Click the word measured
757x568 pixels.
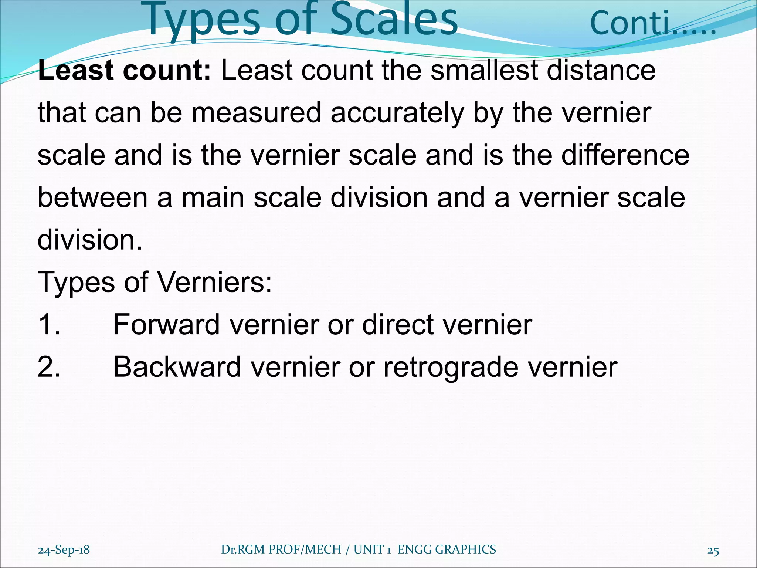click(256, 113)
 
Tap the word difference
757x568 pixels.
click(625, 155)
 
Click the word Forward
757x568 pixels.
click(166, 325)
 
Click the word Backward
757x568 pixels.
click(177, 367)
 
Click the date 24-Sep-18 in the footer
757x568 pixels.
click(64, 550)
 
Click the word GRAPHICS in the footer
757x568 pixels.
click(465, 550)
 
